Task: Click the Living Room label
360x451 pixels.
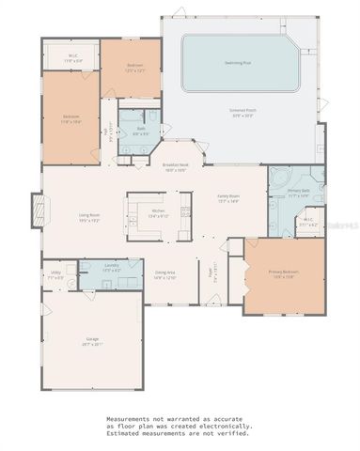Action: coord(90,216)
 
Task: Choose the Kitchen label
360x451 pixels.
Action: coord(159,211)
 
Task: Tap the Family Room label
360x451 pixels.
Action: coord(229,196)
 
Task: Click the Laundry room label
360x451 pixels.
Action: coord(111,266)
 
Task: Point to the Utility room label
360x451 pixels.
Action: coord(55,273)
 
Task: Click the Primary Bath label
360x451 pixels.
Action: coord(299,191)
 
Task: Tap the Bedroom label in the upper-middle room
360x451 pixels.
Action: coord(134,66)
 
